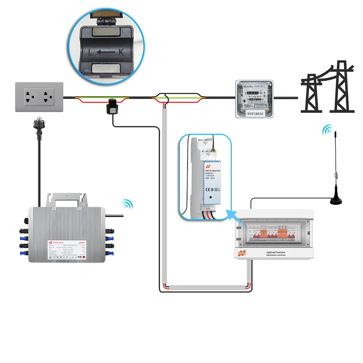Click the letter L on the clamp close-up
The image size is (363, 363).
91,52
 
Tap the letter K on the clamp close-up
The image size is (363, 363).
121,52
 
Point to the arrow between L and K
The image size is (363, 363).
106,52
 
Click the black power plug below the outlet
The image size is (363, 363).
38,125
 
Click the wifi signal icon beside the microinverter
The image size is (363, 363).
127,204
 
